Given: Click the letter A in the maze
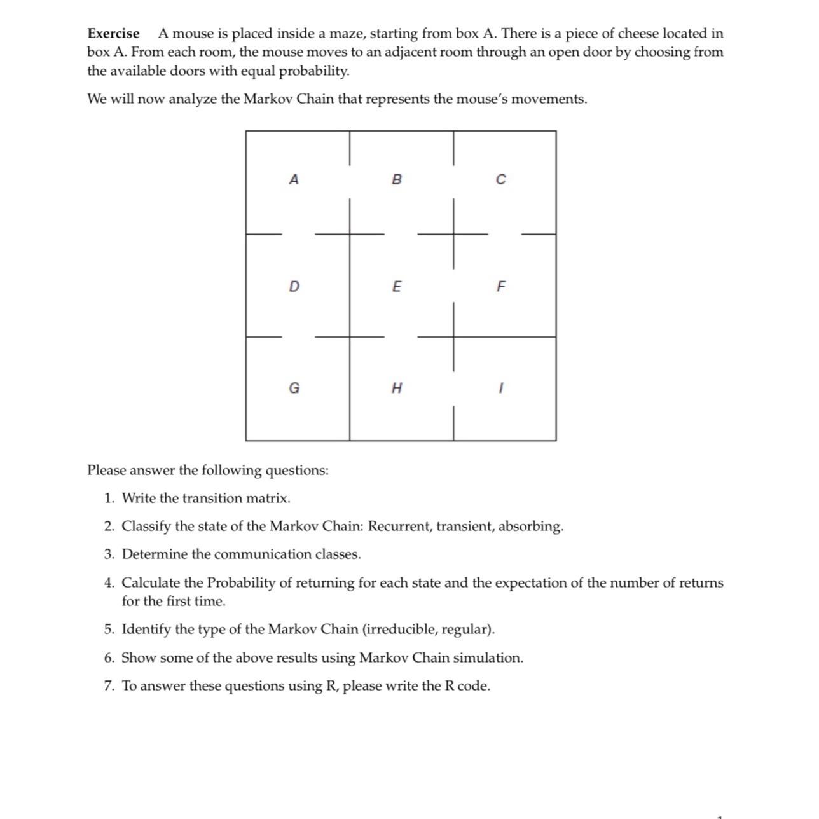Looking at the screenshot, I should (293, 179).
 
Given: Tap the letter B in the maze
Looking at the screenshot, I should (397, 179).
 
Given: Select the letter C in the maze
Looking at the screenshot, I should (500, 180).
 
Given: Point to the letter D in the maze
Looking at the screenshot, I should (293, 287).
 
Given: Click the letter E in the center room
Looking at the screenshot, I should (397, 287).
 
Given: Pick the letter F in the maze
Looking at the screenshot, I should (500, 287).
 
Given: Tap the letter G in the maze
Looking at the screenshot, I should (294, 388).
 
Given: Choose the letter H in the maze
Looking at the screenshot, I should (397, 388).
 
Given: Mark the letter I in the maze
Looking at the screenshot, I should (501, 388).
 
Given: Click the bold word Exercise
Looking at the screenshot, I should (113, 33).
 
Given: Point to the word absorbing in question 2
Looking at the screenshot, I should (530, 526).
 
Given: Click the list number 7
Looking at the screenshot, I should (109, 685).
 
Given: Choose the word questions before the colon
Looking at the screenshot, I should (296, 471).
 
